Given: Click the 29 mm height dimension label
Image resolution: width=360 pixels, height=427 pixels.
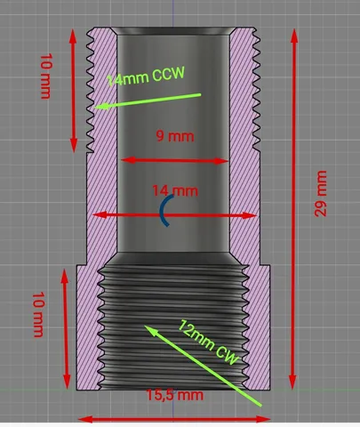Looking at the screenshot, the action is pyautogui.click(x=321, y=193).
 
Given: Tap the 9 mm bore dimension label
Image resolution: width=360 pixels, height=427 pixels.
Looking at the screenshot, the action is pyautogui.click(x=175, y=136).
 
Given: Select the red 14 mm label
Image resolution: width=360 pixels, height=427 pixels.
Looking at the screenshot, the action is pyautogui.click(x=175, y=190).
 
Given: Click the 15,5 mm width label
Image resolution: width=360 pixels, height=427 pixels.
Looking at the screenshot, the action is pyautogui.click(x=175, y=395).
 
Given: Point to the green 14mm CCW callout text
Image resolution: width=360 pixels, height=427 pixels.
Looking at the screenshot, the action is pyautogui.click(x=146, y=77).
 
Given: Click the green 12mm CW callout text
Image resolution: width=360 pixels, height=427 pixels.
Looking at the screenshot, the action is pyautogui.click(x=208, y=342).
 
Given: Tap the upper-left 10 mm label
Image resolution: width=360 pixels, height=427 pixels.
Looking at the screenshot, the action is pyautogui.click(x=46, y=76).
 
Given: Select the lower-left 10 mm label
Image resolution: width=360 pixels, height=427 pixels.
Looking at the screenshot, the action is pyautogui.click(x=38, y=315).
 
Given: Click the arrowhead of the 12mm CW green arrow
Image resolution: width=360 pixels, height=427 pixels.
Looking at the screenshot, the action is pyautogui.click(x=150, y=330).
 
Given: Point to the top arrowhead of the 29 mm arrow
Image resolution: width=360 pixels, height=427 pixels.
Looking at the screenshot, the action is pyautogui.click(x=294, y=36).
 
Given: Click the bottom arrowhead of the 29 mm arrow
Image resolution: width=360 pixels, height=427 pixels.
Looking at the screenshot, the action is pyautogui.click(x=292, y=382).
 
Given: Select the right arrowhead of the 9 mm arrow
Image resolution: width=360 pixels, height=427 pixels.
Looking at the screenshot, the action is pyautogui.click(x=221, y=161).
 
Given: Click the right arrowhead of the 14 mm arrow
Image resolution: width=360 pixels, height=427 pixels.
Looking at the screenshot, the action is pyautogui.click(x=249, y=215).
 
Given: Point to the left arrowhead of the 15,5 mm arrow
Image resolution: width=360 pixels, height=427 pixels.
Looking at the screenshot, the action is pyautogui.click(x=85, y=419).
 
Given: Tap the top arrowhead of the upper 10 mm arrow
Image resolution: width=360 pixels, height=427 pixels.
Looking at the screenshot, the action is pyautogui.click(x=73, y=36).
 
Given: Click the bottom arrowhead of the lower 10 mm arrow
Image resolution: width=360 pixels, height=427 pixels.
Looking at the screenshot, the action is pyautogui.click(x=67, y=382).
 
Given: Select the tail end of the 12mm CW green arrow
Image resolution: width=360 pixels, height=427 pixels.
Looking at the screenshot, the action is pyautogui.click(x=260, y=406).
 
